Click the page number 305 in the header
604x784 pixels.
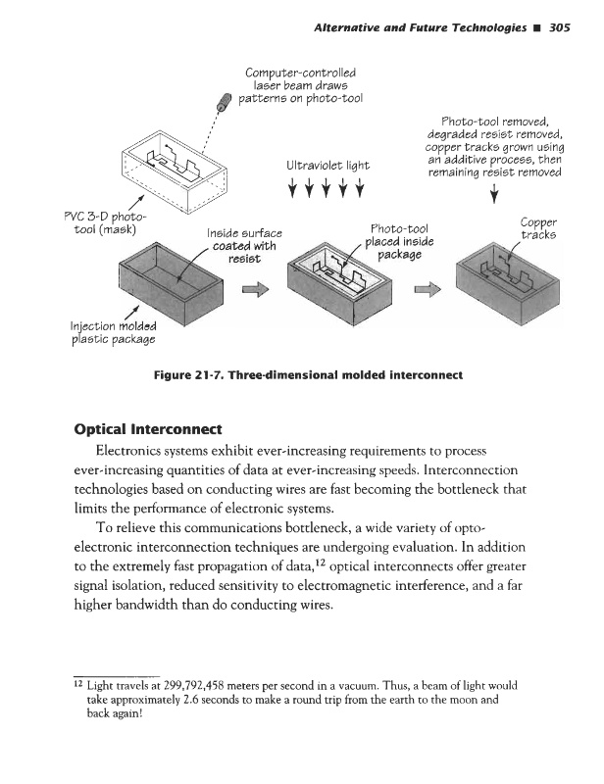click(x=568, y=26)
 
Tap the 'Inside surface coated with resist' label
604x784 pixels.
click(x=241, y=248)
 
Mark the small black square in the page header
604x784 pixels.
click(x=536, y=26)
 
